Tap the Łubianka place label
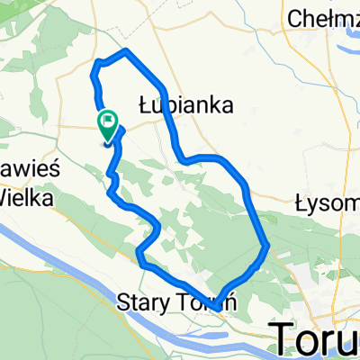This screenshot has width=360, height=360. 186,104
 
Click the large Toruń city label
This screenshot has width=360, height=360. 315,337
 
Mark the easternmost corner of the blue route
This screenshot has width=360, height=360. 267,244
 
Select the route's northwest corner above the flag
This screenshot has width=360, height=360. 96,63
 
